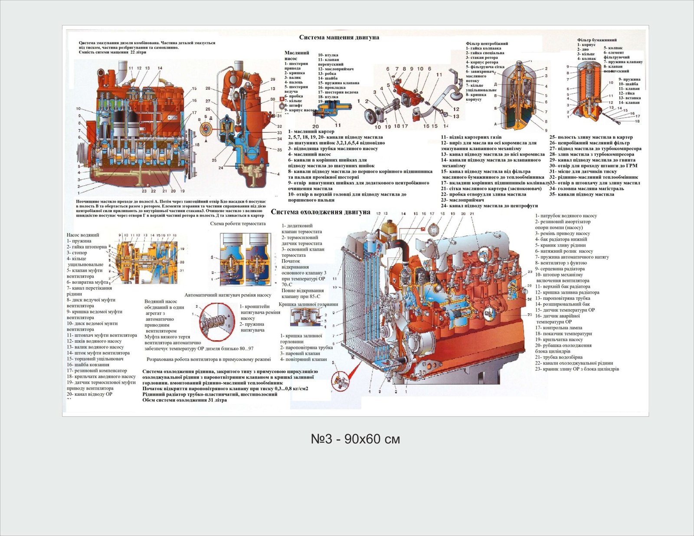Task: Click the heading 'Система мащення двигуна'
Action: (339, 37)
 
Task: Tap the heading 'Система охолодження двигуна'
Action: (321, 212)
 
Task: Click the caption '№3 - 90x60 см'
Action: (355, 439)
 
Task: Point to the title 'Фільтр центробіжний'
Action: (487, 43)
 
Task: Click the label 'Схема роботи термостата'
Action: (238, 224)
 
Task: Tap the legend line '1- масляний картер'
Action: (311, 132)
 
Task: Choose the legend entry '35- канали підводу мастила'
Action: (582, 194)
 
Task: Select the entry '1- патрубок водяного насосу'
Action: (566, 216)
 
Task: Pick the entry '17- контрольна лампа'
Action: (558, 328)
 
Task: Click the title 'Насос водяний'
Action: (82, 235)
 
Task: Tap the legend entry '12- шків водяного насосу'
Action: (94, 341)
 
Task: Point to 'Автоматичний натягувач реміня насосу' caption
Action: (228, 295)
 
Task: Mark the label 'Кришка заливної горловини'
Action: (308, 304)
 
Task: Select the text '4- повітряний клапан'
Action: (303, 359)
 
